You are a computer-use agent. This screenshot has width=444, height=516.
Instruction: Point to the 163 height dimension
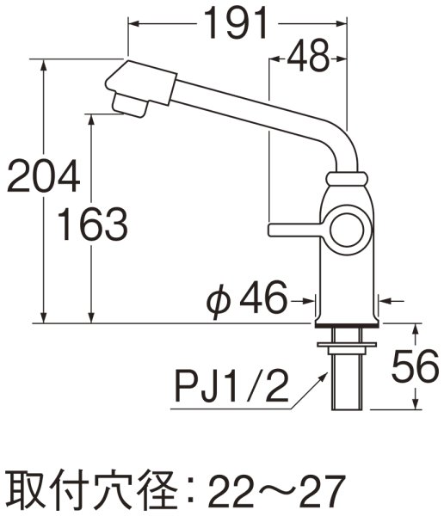point(90,226)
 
